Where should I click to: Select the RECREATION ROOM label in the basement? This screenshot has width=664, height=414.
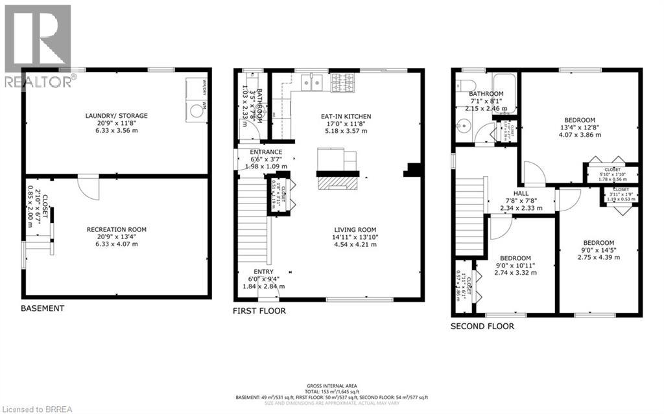117,229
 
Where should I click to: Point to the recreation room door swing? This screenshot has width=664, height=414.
87,187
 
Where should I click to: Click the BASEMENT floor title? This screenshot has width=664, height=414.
43,308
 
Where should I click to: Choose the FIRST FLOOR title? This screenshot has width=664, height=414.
259,311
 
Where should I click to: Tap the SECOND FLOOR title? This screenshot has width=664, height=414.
482,326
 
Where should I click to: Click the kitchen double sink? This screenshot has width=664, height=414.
313,82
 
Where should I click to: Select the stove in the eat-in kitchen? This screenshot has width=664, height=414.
342,82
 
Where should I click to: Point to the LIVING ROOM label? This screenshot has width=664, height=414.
355,229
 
